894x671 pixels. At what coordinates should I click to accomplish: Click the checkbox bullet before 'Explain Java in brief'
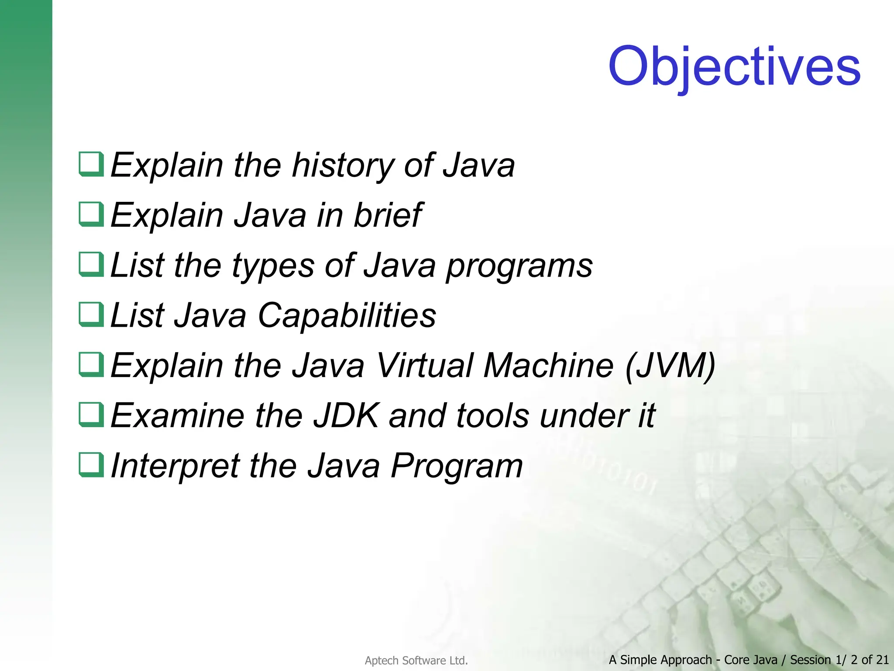click(91, 214)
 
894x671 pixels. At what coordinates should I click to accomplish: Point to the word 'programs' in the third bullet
click(519, 266)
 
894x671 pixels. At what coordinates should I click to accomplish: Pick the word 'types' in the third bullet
click(273, 266)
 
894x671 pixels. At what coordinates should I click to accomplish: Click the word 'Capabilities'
click(347, 315)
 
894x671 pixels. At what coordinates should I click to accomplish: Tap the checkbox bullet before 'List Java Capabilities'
click(91, 315)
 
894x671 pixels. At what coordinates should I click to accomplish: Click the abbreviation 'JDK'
click(346, 415)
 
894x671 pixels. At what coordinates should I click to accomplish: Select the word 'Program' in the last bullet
click(456, 466)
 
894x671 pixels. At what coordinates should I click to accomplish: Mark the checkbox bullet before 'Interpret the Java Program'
click(91, 465)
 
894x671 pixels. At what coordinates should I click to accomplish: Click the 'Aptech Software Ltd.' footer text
click(416, 661)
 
